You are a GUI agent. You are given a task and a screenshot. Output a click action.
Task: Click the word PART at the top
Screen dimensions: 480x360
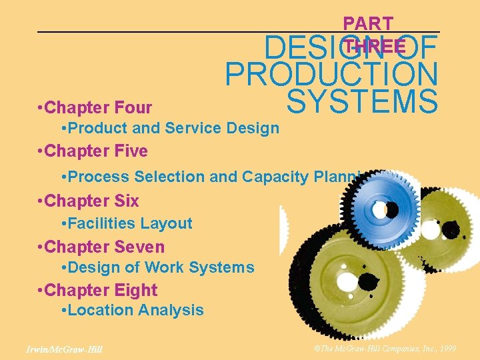click(x=368, y=23)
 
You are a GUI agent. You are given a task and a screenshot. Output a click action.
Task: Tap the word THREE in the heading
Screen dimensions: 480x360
click(x=375, y=46)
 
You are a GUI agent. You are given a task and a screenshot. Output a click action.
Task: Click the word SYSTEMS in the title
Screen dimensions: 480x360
click(x=362, y=102)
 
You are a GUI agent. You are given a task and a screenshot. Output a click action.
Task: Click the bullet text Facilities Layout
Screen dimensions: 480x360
click(x=129, y=223)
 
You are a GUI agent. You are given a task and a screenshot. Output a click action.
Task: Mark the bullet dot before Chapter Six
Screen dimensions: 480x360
click(x=41, y=201)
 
